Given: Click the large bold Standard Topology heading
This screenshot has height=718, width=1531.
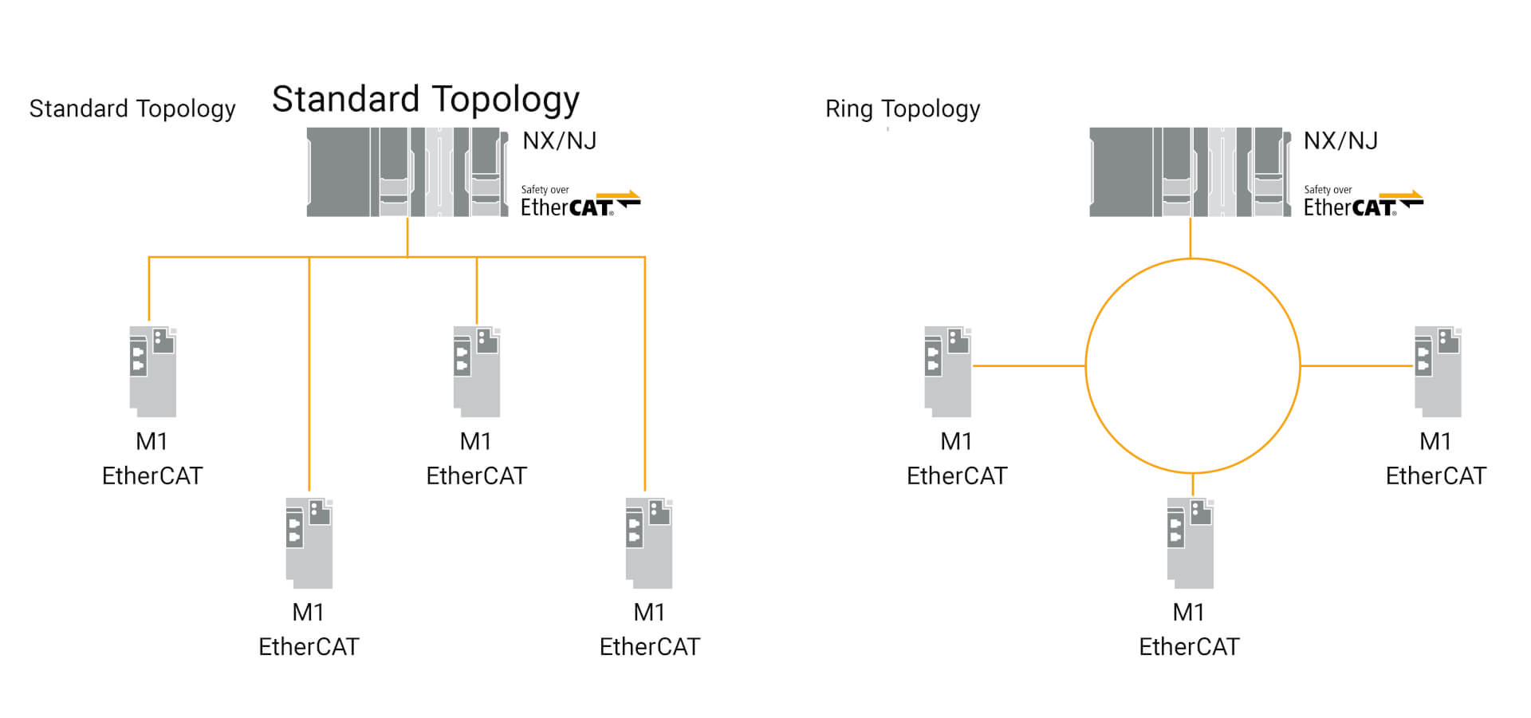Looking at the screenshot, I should pyautogui.click(x=425, y=100).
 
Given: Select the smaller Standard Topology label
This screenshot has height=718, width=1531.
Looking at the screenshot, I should pyautogui.click(x=132, y=108).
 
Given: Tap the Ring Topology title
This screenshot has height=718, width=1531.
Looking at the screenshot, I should pyautogui.click(x=902, y=108).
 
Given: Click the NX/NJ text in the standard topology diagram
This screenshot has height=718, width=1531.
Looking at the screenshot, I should pyautogui.click(x=559, y=141).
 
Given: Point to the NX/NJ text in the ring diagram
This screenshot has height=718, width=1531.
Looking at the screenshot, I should pyautogui.click(x=1340, y=141).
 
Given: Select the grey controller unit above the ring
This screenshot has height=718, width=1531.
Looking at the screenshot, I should pyautogui.click(x=1189, y=172).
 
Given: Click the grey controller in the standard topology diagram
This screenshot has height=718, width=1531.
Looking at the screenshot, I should pyautogui.click(x=407, y=172).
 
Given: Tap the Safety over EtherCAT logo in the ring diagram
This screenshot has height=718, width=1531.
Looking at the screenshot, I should pyautogui.click(x=1362, y=202).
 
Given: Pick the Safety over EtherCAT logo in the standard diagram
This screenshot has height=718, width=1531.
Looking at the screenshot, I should pyautogui.click(x=580, y=202).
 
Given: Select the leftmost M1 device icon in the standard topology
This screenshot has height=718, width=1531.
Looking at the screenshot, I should pyautogui.click(x=153, y=371).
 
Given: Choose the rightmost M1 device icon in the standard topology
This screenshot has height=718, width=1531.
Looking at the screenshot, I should pyautogui.click(x=649, y=543).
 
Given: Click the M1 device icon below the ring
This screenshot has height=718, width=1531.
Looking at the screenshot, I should pyautogui.click(x=1190, y=543).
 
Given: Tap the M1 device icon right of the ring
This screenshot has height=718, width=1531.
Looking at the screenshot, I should pyautogui.click(x=1437, y=371).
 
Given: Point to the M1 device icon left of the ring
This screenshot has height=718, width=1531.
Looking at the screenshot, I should pyautogui.click(x=947, y=371).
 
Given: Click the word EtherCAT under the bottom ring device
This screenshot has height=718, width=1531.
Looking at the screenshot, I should pyautogui.click(x=1189, y=646).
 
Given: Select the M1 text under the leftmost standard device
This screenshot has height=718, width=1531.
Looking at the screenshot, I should pyautogui.click(x=152, y=441).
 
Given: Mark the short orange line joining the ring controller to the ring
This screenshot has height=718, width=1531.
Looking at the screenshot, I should pyautogui.click(x=1191, y=238).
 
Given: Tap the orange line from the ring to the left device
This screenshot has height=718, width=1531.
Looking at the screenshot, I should pyautogui.click(x=1029, y=366).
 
